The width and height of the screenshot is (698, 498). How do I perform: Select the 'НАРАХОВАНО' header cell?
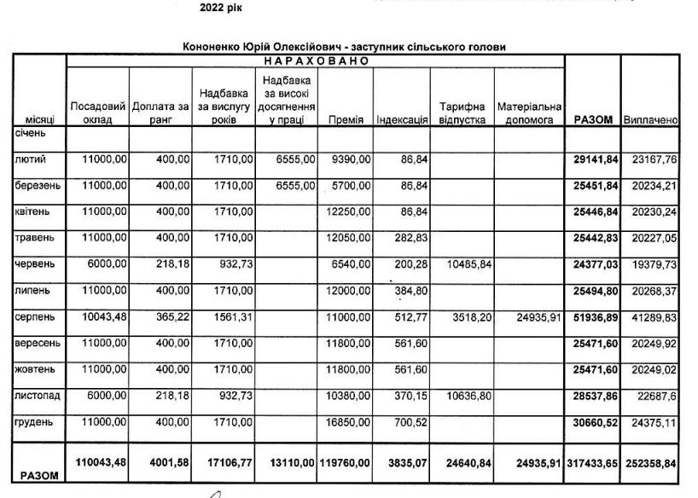click(315, 61)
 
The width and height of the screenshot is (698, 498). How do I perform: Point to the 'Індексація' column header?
click(402, 120)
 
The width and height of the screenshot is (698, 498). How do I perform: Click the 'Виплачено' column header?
click(651, 120)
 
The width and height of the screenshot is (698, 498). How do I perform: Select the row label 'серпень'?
click(33, 316)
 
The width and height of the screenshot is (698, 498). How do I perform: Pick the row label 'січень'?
click(30, 133)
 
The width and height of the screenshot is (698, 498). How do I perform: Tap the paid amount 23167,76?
click(651, 159)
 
